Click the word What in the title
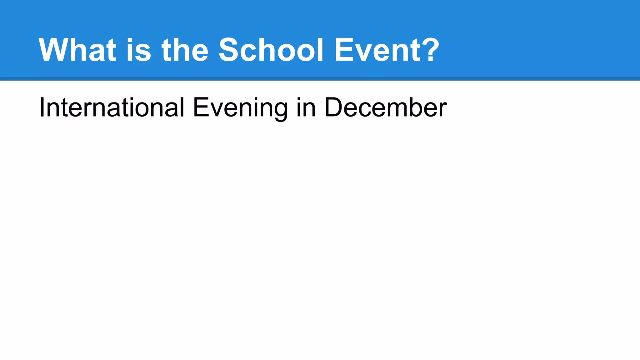coord(77,50)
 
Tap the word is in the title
coord(139,50)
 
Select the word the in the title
coord(185,50)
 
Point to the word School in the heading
coord(271,50)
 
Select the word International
coord(112,107)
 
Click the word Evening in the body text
coord(240,108)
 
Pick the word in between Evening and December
coord(306,107)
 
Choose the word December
coord(386,107)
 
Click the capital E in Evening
coord(201,107)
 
